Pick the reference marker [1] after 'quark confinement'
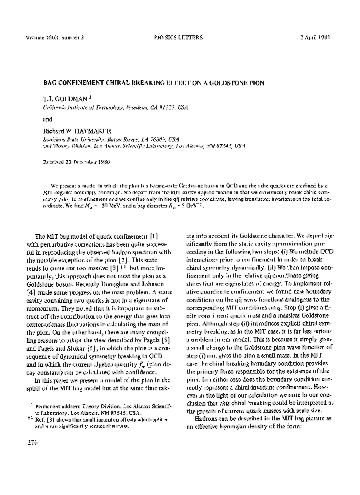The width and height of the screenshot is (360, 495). coord(155,237)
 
